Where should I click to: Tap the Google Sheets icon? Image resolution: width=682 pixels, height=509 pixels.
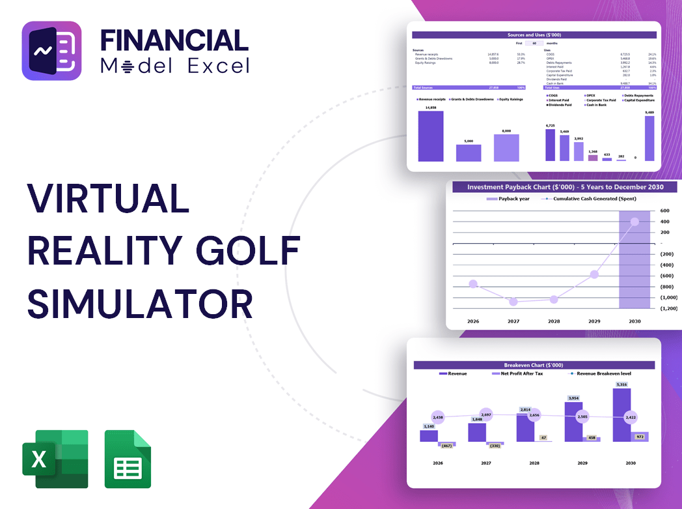coord(128,459)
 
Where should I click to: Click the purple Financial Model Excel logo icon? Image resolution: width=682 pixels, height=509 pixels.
coord(52,51)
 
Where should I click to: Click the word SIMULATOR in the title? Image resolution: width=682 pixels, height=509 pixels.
coord(140,303)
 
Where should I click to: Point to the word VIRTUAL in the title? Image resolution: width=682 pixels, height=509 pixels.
coord(108,198)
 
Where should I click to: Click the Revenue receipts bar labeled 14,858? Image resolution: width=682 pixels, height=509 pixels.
coord(431,136)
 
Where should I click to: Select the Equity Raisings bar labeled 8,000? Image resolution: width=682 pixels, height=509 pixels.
coord(506,148)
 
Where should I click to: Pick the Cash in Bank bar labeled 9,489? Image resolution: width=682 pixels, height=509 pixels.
coord(649,139)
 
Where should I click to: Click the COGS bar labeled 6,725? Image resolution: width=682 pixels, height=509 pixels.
coord(551,145)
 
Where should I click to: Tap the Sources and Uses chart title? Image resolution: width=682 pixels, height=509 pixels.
coord(535,35)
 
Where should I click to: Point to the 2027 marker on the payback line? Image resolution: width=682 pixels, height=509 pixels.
coord(513,302)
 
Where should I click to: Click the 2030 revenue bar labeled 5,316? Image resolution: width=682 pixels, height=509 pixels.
coord(621,415)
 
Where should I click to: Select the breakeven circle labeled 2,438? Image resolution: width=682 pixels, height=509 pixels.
coord(437,417)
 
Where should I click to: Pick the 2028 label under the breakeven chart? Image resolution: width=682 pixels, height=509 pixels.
coord(534,463)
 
